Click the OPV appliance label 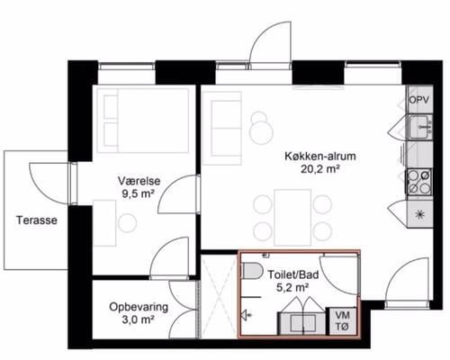[x=419, y=100]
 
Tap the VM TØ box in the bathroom [x=343, y=321]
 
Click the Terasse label [x=37, y=220]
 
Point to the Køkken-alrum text [x=320, y=157]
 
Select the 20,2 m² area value [x=320, y=169]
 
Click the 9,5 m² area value [x=138, y=194]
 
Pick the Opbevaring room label [x=139, y=307]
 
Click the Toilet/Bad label [x=293, y=274]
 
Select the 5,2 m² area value [x=293, y=288]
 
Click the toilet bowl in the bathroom [x=252, y=271]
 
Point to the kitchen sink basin [x=420, y=127]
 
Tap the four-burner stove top [x=419, y=182]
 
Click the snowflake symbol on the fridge [x=419, y=215]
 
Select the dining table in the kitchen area [x=292, y=218]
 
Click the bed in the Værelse [x=143, y=121]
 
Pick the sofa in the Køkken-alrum [x=222, y=128]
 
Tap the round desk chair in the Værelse [x=128, y=223]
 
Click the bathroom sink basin [x=303, y=323]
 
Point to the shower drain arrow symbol [x=247, y=315]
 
